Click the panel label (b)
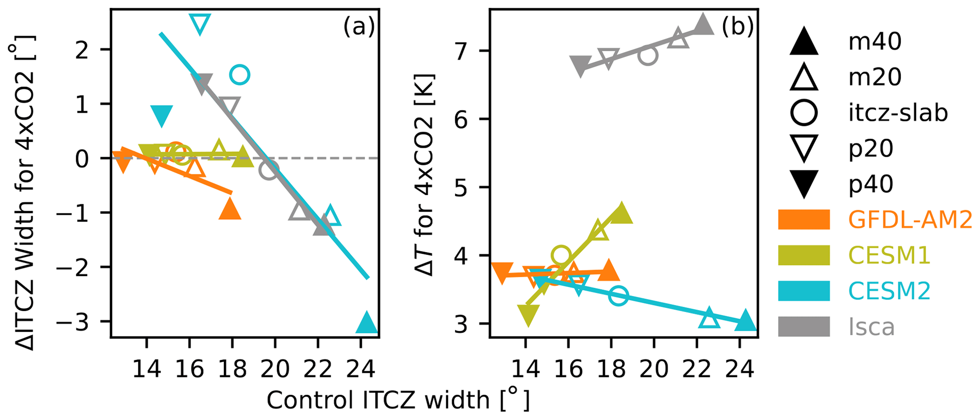click(738, 28)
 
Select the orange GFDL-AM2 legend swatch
click(804, 220)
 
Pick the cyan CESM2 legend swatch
click(804, 291)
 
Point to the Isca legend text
click(871, 327)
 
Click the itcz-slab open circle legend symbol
click(804, 113)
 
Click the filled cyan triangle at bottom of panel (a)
click(366, 324)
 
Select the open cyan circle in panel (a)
click(240, 74)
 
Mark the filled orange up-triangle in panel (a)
click(230, 209)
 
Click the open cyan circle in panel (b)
click(619, 296)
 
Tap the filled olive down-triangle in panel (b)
click(528, 315)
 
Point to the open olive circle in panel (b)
click(561, 255)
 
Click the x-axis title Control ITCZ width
click(397, 400)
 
